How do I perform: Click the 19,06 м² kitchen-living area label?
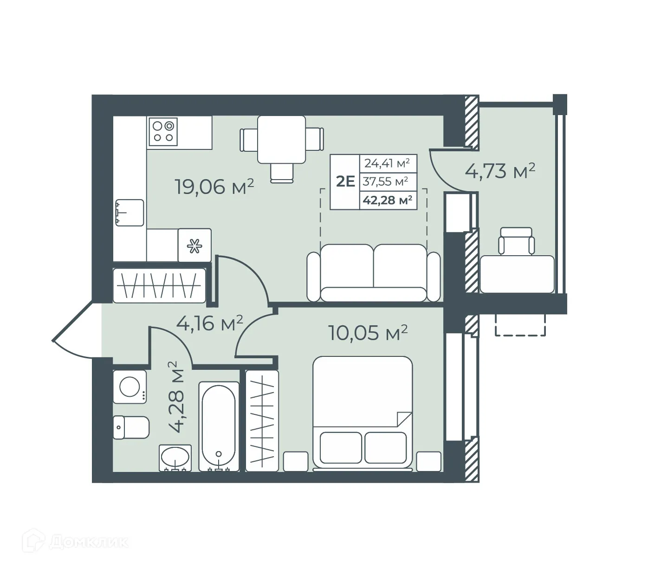[x=214, y=186]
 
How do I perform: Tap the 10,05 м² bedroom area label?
[x=368, y=332]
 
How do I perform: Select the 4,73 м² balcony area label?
[x=500, y=170]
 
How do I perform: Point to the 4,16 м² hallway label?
[x=210, y=323]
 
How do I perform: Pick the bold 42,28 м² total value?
[x=388, y=200]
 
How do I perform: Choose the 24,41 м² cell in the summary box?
[x=387, y=163]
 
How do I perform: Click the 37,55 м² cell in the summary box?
[x=386, y=181]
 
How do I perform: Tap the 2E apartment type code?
[x=345, y=181]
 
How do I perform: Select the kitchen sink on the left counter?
[x=129, y=213]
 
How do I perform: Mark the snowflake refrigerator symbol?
[x=194, y=245]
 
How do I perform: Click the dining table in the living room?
[x=281, y=139]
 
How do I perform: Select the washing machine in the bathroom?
[x=130, y=387]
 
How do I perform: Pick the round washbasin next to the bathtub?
[x=175, y=458]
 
